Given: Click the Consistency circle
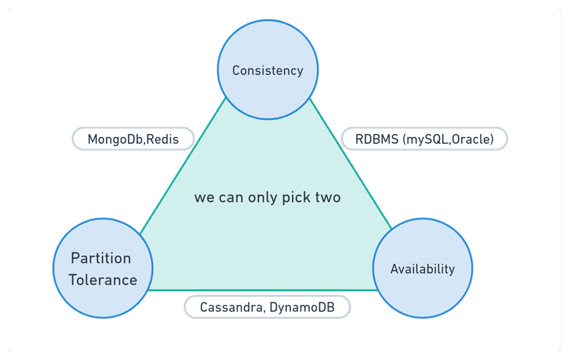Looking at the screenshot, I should (267, 69).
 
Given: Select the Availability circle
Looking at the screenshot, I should (422, 269).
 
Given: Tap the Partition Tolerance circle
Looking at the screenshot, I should (102, 269).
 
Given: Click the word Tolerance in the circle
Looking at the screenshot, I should (102, 280).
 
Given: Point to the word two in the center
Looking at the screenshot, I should (328, 197).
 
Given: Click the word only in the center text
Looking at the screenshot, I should (262, 197).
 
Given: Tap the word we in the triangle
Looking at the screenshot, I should (203, 197).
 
